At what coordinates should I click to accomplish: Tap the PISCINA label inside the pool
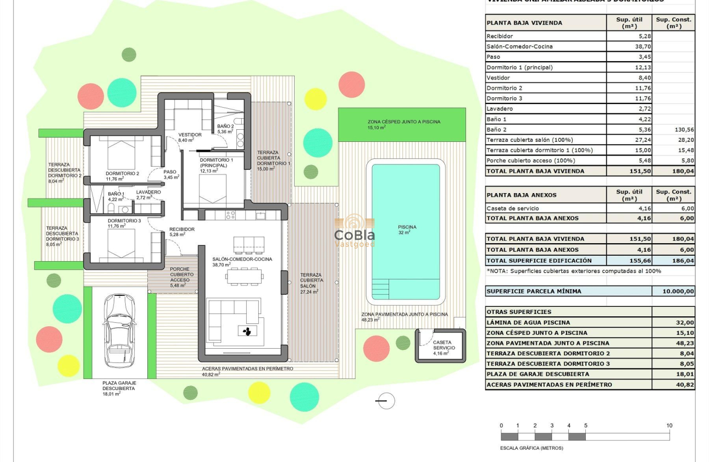(407, 227)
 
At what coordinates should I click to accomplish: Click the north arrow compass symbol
(387, 401)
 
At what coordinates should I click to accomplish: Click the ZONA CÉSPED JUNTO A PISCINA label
(403, 122)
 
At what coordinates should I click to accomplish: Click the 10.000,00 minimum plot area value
(674, 291)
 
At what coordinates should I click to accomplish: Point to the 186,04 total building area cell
(674, 261)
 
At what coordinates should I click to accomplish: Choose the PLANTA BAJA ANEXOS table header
(521, 195)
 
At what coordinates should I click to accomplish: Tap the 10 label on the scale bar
(669, 426)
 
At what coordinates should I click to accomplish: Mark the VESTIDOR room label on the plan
(190, 135)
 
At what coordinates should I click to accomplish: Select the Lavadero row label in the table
(500, 109)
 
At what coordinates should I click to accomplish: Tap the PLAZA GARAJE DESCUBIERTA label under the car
(119, 385)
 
